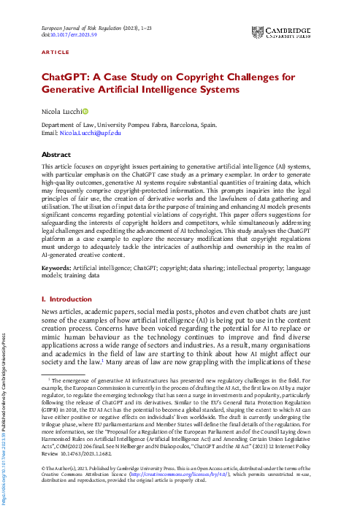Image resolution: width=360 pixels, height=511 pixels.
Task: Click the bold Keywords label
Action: [x=58, y=269]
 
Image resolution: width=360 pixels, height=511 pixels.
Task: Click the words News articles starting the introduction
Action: [x=64, y=312]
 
